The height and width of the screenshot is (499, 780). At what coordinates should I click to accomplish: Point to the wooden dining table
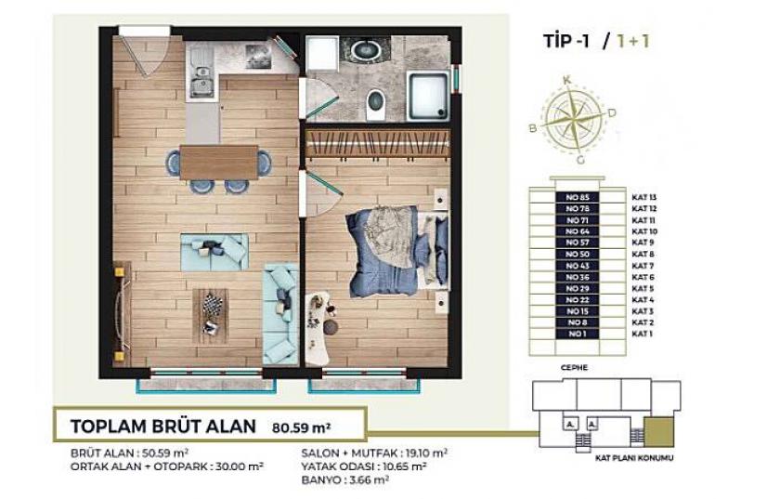coord(218,162)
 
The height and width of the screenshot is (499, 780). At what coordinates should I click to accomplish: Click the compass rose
coord(573,118)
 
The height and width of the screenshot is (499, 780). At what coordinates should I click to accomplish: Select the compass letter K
coord(566,82)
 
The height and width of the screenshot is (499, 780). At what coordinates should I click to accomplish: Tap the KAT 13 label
coord(643,198)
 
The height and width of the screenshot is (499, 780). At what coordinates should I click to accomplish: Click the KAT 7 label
coord(643,266)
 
